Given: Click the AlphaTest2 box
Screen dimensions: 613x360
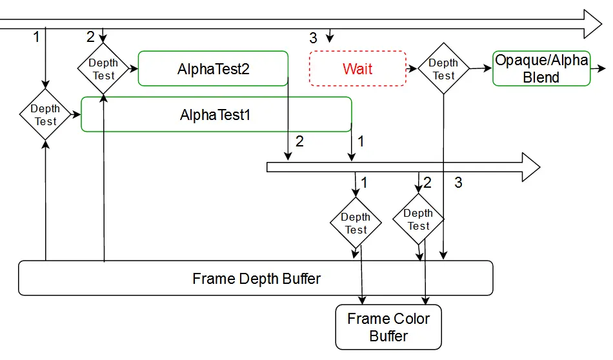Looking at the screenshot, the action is (x=213, y=68).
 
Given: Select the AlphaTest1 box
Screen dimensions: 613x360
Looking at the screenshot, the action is (x=216, y=114).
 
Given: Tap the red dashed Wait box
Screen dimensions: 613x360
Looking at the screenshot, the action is (x=357, y=68).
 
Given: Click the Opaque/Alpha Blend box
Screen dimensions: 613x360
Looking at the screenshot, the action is (x=541, y=68).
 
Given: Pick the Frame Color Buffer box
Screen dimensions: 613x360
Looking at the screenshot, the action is (x=388, y=327).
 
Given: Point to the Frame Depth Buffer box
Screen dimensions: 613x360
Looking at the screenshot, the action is (x=256, y=278).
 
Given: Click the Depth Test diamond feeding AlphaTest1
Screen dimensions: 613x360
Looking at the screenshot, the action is (x=45, y=114).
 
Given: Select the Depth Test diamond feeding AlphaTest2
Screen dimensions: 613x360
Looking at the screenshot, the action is (x=103, y=68).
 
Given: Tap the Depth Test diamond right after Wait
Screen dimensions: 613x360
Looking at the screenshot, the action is (x=443, y=68).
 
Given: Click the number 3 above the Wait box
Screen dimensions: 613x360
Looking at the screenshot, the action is (x=313, y=38).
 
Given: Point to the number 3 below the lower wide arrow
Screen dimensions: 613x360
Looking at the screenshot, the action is (x=458, y=183).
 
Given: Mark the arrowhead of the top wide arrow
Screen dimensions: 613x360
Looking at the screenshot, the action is (x=592, y=24).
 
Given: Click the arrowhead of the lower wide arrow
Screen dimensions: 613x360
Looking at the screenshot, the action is (x=531, y=167).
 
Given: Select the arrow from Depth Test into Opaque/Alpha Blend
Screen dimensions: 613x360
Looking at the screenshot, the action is (x=481, y=68).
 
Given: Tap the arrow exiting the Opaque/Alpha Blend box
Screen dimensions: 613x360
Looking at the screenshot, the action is (x=598, y=68).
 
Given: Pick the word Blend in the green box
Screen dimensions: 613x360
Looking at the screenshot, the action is (x=541, y=77).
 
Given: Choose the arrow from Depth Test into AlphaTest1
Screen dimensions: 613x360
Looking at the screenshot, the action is (x=76, y=115).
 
